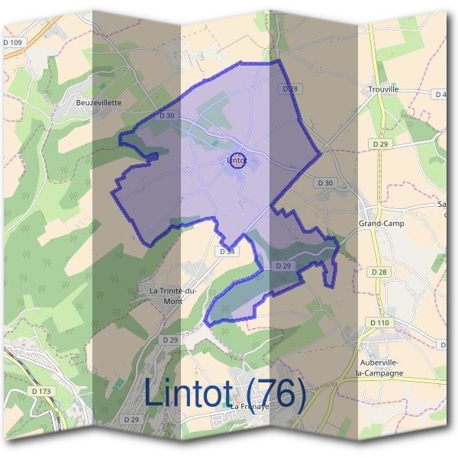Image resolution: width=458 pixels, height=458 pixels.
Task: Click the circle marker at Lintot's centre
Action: point(237,161)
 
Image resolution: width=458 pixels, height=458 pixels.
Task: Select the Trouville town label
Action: point(382,89)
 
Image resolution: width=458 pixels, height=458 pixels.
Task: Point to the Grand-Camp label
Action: point(381,224)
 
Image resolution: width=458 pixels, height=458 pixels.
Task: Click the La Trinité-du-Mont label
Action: point(173,295)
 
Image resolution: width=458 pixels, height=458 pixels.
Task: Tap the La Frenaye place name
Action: point(253,407)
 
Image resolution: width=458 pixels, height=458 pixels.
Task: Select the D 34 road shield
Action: point(227,250)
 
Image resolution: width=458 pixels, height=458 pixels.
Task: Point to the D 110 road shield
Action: point(379,323)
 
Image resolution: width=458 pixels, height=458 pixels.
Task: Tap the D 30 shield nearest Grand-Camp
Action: point(324,183)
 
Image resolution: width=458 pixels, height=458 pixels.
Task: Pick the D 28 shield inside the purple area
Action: point(289,89)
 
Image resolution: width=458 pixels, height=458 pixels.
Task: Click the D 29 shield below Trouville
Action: point(381,144)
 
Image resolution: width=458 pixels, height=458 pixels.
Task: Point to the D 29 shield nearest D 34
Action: point(282,265)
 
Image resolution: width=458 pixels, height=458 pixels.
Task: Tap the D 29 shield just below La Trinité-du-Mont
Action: point(169,339)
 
